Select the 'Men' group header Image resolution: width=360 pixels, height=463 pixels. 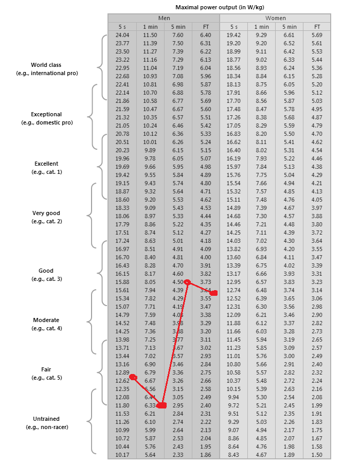coord(164,18)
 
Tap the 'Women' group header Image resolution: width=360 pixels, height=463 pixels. coord(275,18)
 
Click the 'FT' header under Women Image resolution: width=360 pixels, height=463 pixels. coord(317,27)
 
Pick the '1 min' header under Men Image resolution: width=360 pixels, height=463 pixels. coord(150,27)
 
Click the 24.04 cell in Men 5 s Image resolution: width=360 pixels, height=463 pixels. coord(122,35)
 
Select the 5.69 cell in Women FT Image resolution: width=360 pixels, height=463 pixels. coord(317,35)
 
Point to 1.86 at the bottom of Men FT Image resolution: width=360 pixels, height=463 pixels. coord(205,455)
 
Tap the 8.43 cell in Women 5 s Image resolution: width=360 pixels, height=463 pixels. coord(233,455)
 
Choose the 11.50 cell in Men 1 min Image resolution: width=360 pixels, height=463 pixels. coord(150,35)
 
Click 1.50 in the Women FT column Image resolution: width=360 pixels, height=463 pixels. coord(317,455)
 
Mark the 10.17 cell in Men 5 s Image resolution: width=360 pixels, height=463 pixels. coord(122,455)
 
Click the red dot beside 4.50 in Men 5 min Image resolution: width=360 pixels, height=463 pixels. coord(188,282)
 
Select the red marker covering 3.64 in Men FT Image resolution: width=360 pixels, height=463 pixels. coord(214,293)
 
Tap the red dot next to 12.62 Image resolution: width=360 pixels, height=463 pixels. coord(134,377)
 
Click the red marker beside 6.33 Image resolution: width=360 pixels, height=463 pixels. coord(161,405)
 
